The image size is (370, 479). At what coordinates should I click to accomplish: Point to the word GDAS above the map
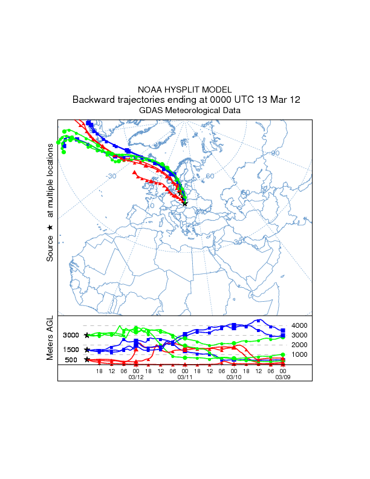(151, 111)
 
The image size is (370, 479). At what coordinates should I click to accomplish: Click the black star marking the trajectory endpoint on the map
(184, 204)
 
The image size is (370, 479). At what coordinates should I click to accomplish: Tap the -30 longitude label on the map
(111, 177)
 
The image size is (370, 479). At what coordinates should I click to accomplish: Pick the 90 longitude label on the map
(275, 153)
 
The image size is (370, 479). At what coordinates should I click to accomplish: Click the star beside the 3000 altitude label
(87, 335)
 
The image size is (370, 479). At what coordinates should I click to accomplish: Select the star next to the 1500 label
(87, 350)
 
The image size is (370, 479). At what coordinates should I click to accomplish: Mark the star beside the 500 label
(87, 359)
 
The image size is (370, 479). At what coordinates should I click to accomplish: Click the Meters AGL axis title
(50, 337)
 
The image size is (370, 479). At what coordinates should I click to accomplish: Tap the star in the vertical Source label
(50, 227)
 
